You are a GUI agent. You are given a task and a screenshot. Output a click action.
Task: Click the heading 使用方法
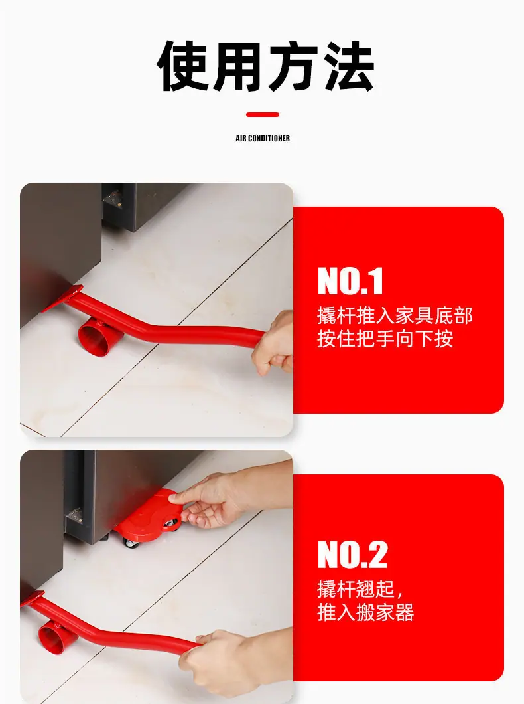point(265,66)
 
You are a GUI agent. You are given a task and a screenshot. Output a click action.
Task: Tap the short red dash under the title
point(262,114)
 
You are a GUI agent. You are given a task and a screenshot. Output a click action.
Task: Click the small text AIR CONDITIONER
point(263,138)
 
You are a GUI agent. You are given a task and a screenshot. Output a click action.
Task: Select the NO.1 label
point(350,281)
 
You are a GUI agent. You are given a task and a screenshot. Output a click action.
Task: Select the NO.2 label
point(352,555)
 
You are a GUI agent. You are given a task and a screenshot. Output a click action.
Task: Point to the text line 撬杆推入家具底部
point(395,315)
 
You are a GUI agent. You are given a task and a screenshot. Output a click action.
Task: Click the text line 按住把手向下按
point(385,339)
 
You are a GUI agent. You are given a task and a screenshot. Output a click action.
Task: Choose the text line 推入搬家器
point(365,612)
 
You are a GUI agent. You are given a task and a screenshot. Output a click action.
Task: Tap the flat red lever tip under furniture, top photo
point(63,298)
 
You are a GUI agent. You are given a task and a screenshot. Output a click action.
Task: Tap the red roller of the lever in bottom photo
point(54,637)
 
